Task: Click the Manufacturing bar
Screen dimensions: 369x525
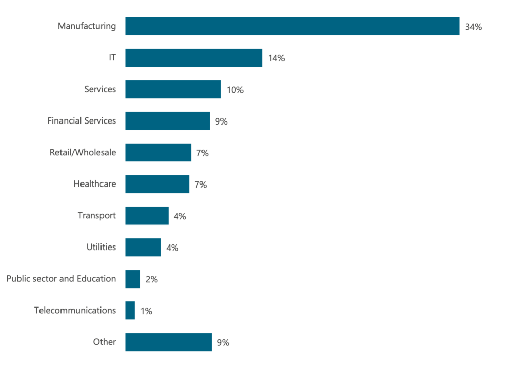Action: click(292, 26)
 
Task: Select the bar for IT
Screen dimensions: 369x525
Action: click(194, 58)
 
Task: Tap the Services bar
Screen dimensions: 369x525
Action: click(173, 89)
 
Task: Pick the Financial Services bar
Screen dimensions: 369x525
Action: click(167, 121)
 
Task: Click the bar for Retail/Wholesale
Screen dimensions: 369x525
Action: click(158, 153)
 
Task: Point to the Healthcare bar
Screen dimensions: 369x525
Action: click(157, 184)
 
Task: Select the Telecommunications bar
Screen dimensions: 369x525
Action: click(130, 311)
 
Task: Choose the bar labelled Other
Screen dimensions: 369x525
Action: click(168, 342)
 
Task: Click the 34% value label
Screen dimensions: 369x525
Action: click(473, 27)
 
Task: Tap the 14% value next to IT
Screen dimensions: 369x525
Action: click(276, 58)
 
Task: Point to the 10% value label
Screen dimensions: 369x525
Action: click(235, 90)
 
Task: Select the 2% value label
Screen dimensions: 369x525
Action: click(151, 279)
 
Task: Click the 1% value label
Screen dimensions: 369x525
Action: click(146, 311)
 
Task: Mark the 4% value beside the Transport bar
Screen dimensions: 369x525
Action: click(179, 216)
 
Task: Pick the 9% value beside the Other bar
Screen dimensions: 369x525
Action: click(223, 343)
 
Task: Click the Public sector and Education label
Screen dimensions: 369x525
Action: click(61, 279)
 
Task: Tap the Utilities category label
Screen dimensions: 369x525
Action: click(101, 247)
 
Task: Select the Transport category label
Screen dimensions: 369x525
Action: click(97, 215)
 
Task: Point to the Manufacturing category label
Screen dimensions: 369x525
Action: click(87, 26)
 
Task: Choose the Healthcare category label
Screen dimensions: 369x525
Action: click(94, 183)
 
